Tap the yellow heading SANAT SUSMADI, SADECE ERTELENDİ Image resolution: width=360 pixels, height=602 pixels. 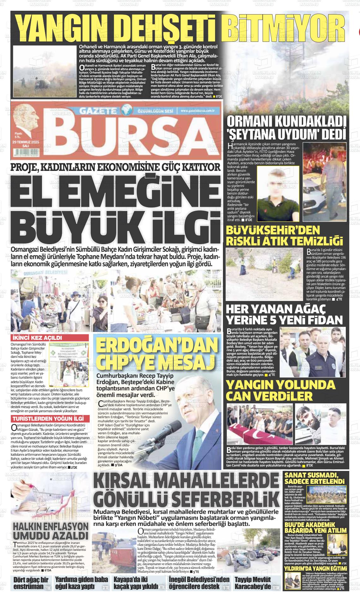pos(314,478)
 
